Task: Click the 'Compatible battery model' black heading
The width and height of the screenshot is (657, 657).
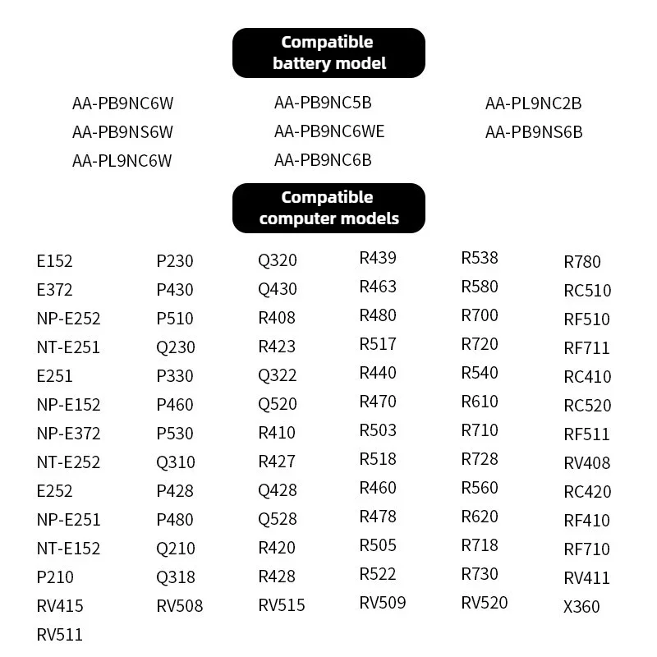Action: pyautogui.click(x=328, y=53)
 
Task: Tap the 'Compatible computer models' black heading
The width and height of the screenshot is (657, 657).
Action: pyautogui.click(x=328, y=208)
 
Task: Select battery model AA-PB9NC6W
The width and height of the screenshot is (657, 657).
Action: pyautogui.click(x=122, y=103)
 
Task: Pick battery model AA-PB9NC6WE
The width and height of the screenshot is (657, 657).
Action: pyautogui.click(x=329, y=131)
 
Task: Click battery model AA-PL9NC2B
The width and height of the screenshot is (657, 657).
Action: pyautogui.click(x=533, y=103)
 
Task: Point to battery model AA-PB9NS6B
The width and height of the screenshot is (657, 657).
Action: pyautogui.click(x=534, y=132)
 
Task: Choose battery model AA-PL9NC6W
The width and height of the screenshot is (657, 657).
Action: pyautogui.click(x=122, y=161)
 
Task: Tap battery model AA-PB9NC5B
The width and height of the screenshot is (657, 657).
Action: pyautogui.click(x=323, y=103)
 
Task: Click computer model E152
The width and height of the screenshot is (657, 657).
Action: pyautogui.click(x=54, y=261)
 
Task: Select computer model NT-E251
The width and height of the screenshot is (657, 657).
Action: pyautogui.click(x=68, y=347)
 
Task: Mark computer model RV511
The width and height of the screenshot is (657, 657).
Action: pyautogui.click(x=59, y=635)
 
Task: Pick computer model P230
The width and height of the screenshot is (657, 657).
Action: pyautogui.click(x=175, y=261)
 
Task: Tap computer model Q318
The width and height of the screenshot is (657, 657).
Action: pyautogui.click(x=176, y=577)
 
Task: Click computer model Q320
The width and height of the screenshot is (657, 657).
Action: pyautogui.click(x=278, y=260)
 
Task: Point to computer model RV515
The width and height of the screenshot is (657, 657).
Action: pyautogui.click(x=282, y=605)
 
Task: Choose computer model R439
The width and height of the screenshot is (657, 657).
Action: pyautogui.click(x=378, y=258)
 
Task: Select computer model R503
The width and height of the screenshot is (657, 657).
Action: pyautogui.click(x=378, y=430)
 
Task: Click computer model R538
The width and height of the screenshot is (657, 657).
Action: pyautogui.click(x=480, y=258)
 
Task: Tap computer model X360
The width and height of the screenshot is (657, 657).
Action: pyautogui.click(x=581, y=607)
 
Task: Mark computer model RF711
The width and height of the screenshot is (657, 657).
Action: pyautogui.click(x=586, y=348)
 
